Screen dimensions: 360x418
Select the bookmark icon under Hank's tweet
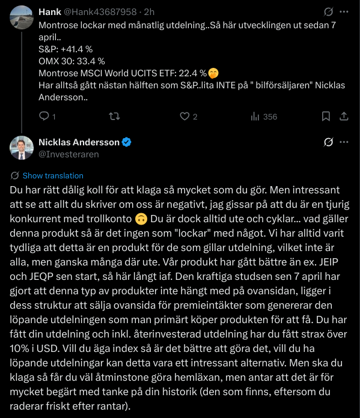click(325, 117)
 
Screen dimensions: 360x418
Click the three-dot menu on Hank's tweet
click(343, 11)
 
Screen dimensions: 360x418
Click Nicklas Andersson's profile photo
click(22, 148)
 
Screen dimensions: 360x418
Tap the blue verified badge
click(126, 142)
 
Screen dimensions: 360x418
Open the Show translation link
click(53, 175)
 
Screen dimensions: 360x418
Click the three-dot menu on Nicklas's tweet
click(343, 142)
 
